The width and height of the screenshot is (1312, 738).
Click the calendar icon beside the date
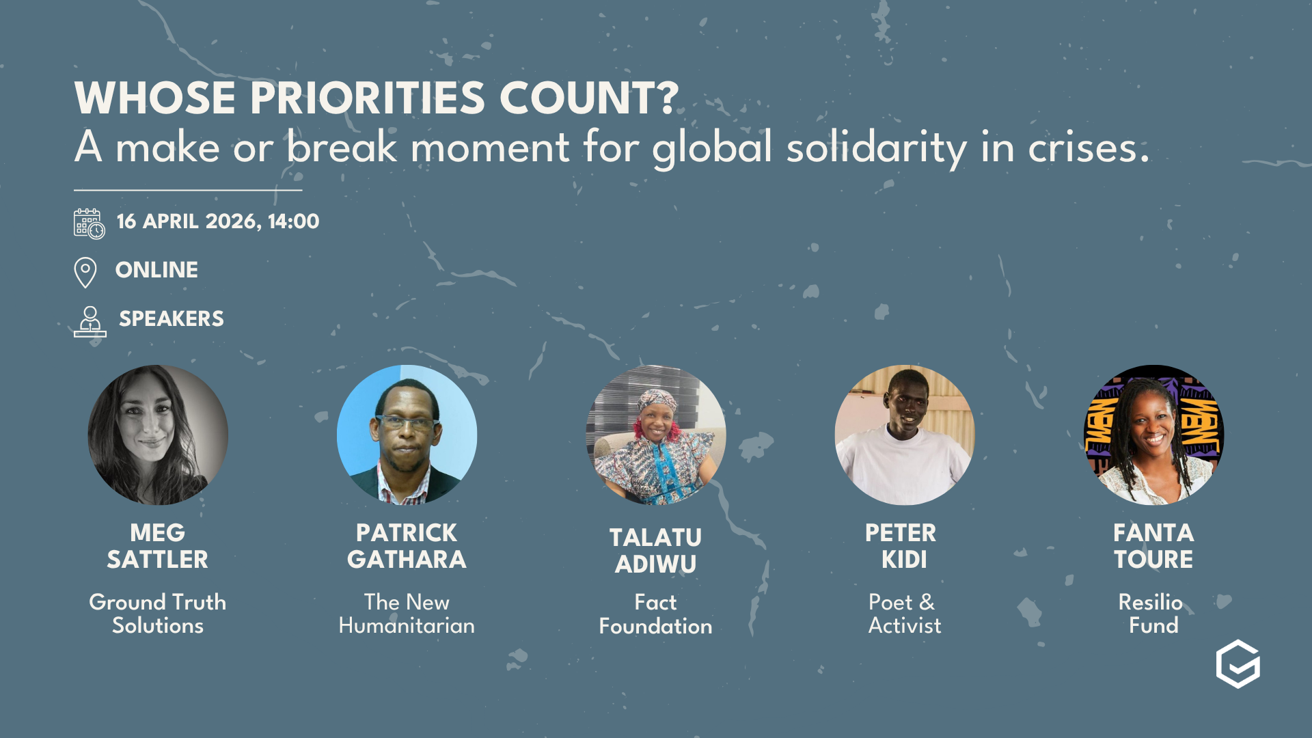[89, 223]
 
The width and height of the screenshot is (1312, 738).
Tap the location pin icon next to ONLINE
[85, 272]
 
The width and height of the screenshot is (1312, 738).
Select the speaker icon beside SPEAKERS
[90, 321]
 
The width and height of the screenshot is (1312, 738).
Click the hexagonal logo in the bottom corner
[1238, 664]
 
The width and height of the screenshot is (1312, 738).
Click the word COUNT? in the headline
[589, 98]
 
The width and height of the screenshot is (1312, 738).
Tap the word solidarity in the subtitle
[877, 148]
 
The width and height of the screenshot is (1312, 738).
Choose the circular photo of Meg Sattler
[158, 435]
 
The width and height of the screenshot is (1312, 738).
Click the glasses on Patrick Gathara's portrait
[407, 422]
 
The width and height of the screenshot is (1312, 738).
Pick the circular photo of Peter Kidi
[905, 435]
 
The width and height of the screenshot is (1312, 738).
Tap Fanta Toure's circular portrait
[1154, 435]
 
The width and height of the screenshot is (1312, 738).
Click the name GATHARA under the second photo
[407, 560]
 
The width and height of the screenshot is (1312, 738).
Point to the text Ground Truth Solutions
[158, 614]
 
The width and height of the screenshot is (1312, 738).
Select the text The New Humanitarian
[407, 614]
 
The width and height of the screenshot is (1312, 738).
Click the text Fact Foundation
[655, 614]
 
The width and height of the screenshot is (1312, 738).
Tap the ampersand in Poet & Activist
[927, 603]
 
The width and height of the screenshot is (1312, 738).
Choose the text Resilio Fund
[1153, 614]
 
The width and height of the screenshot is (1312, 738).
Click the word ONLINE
[156, 270]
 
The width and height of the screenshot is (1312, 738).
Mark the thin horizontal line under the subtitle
[188, 190]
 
